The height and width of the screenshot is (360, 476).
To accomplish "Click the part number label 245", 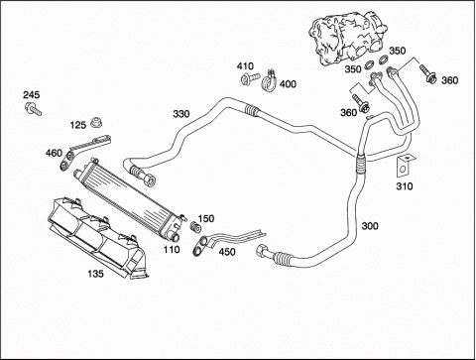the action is [31, 95].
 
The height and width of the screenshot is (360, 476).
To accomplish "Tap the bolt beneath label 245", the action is [33, 109].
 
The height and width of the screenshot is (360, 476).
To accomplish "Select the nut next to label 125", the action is [96, 123].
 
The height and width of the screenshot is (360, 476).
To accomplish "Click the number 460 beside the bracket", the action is [54, 153].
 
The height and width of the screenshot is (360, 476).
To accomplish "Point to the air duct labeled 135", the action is [97, 237].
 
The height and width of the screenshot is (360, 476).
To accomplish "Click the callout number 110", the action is [172, 250].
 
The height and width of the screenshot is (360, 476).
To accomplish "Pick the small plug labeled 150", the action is [196, 227].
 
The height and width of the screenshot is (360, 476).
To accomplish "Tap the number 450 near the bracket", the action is [227, 252].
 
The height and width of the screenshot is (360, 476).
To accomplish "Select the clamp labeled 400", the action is [269, 81].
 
